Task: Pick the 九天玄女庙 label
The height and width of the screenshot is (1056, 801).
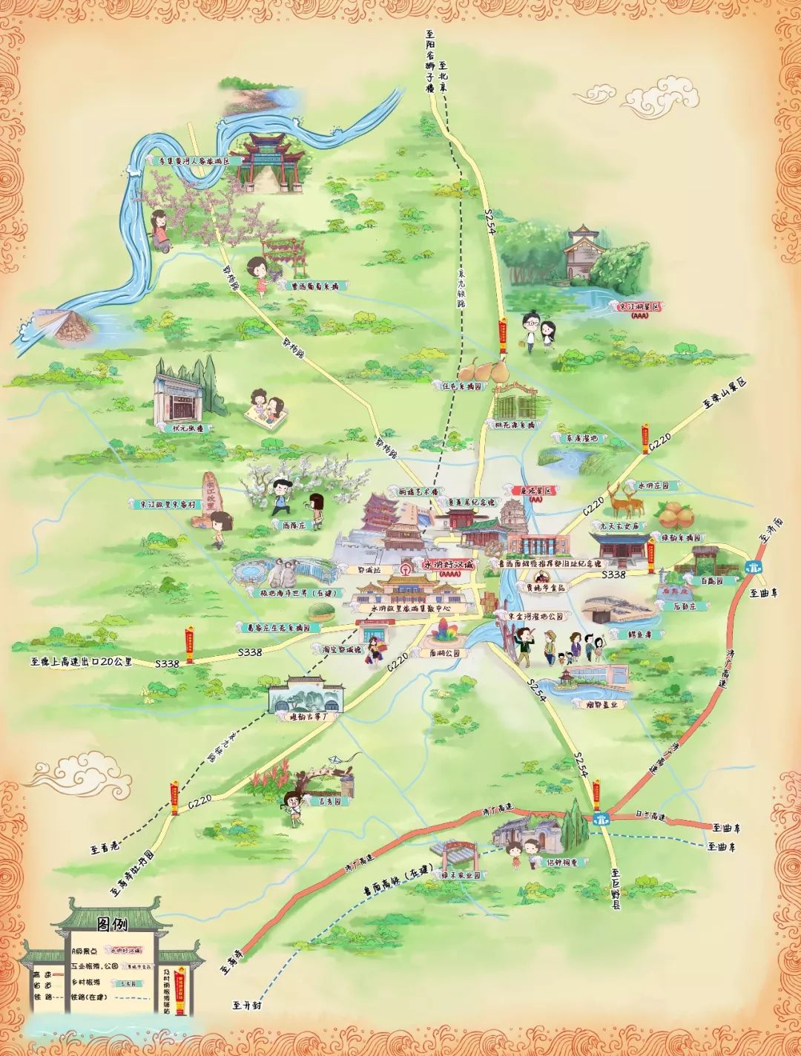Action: [x=620, y=525]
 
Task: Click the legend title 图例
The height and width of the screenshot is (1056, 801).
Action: [x=112, y=924]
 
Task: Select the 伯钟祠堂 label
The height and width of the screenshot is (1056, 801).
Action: [x=566, y=862]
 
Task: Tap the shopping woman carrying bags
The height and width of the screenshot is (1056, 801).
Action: [x=376, y=652]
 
